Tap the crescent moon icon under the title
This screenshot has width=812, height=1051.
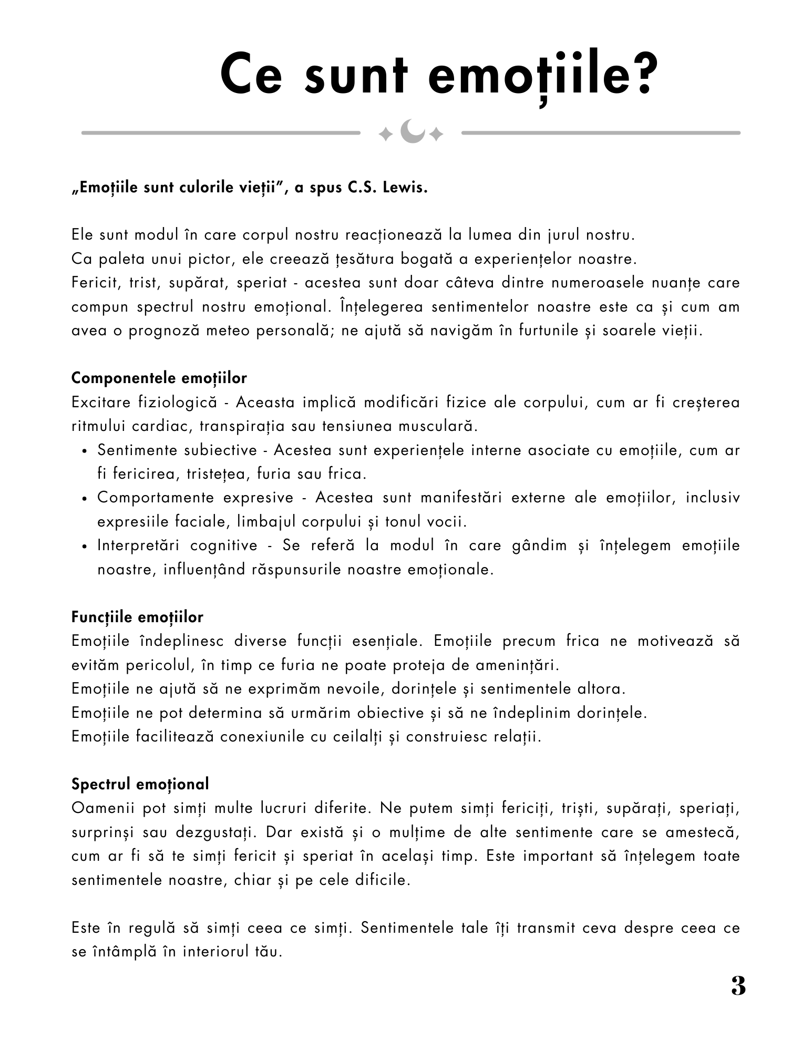(x=412, y=131)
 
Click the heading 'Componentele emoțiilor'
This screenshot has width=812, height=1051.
(x=159, y=378)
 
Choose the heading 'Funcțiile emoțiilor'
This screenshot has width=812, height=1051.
(x=137, y=617)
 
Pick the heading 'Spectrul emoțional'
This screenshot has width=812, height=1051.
(x=140, y=784)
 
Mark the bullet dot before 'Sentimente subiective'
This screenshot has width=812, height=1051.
(x=85, y=451)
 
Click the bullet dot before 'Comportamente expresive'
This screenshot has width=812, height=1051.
(x=85, y=499)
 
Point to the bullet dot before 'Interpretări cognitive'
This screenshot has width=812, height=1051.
(x=85, y=547)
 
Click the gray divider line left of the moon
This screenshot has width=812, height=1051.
(x=221, y=133)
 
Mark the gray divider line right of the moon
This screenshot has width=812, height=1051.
(x=601, y=133)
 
